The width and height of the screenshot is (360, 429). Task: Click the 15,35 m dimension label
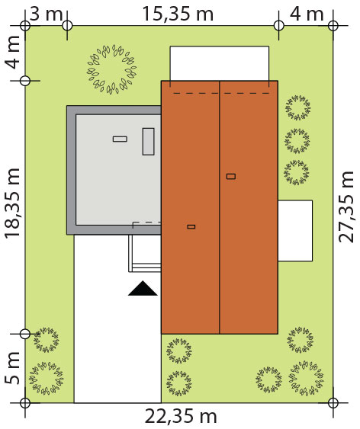point(178,14)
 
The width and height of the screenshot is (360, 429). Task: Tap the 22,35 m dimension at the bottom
point(181,417)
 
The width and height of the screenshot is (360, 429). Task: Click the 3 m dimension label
point(46,14)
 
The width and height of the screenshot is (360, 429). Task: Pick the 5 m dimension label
point(12,368)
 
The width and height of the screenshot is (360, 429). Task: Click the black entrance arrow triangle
point(143,288)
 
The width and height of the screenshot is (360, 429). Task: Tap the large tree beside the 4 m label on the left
point(111,69)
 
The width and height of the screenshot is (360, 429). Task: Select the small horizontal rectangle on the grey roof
point(120,139)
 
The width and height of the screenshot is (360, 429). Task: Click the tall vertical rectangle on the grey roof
point(148,142)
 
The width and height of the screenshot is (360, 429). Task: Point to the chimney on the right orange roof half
point(231,177)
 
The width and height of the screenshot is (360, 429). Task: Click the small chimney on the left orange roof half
point(191,226)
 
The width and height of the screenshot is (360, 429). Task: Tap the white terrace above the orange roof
point(220,63)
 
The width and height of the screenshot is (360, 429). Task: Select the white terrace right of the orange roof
point(295,231)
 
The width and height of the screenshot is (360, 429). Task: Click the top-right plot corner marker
point(333,26)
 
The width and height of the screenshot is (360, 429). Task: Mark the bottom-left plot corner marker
point(25,403)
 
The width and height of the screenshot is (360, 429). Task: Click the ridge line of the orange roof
point(220,207)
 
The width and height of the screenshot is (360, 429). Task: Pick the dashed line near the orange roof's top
point(221,93)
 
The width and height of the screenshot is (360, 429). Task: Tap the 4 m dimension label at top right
point(307,14)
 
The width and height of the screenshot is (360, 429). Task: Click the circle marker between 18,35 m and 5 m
point(25,334)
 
